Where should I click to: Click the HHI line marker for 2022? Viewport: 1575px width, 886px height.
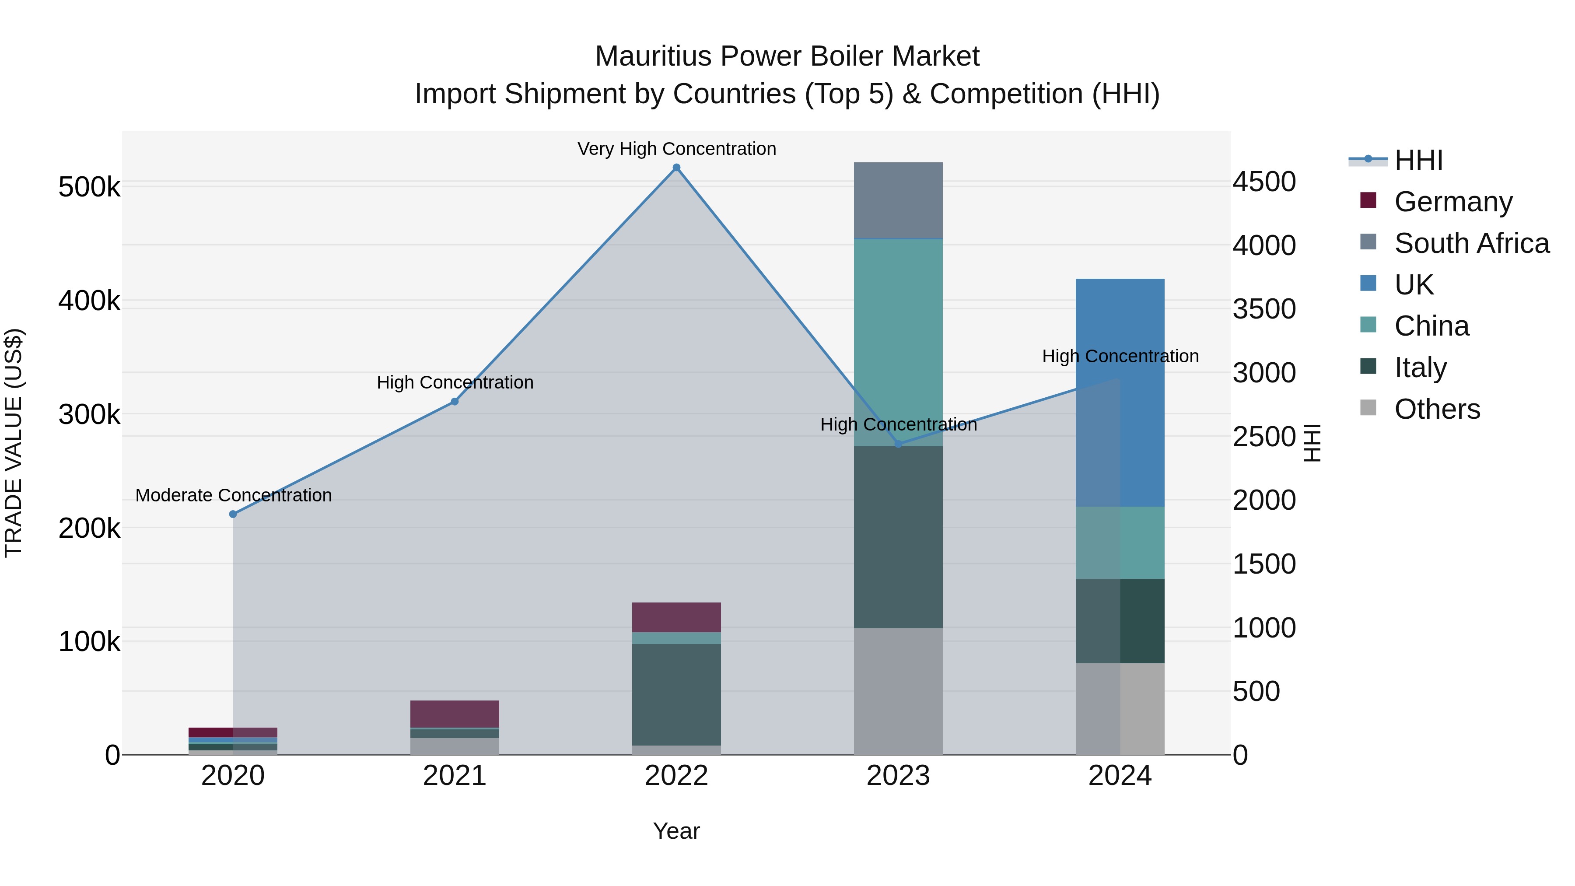pyautogui.click(x=676, y=168)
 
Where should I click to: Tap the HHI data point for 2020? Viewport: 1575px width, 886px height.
pyautogui.click(x=233, y=514)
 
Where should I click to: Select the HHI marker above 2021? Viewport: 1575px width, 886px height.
pyautogui.click(x=454, y=402)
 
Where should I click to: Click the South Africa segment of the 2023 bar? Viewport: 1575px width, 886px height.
pyautogui.click(x=898, y=200)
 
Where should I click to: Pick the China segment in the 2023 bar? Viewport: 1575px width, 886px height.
pyautogui.click(x=898, y=343)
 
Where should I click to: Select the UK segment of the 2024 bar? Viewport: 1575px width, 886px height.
pyautogui.click(x=1120, y=391)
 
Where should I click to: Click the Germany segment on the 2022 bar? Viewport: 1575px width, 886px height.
pyautogui.click(x=676, y=617)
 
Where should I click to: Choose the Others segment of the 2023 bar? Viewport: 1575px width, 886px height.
pyautogui.click(x=898, y=691)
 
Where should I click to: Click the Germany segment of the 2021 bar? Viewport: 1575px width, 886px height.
pyautogui.click(x=454, y=714)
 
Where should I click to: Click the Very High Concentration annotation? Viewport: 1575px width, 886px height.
pyautogui.click(x=676, y=149)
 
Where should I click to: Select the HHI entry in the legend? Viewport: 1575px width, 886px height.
pyautogui.click(x=1418, y=160)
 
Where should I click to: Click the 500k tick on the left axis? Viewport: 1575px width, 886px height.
pyautogui.click(x=89, y=187)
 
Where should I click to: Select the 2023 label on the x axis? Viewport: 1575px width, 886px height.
pyautogui.click(x=898, y=776)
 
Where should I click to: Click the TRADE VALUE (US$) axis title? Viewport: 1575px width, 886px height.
pyautogui.click(x=14, y=443)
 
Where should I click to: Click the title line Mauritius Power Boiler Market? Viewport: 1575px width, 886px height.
pyautogui.click(x=787, y=56)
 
